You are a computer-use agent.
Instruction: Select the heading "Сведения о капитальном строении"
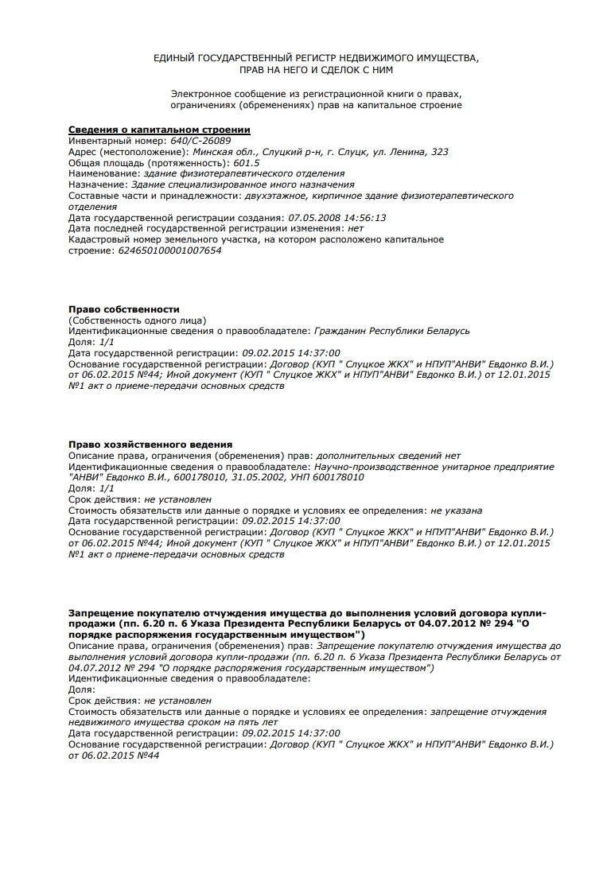[159, 130]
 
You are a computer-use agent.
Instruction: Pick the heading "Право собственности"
[124, 309]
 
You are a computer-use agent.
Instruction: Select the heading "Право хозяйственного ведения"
[150, 444]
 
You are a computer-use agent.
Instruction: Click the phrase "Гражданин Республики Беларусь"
[392, 330]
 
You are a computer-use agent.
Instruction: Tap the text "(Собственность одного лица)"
[138, 319]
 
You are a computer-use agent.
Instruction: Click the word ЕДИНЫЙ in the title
[176, 58]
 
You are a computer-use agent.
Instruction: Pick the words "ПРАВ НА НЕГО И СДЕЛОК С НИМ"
[316, 69]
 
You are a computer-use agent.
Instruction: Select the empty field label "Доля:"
[81, 689]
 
